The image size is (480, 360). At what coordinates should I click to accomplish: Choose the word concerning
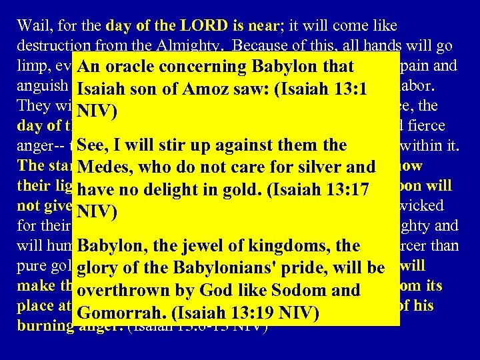(x=204, y=67)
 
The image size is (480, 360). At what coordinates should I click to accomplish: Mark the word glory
(x=98, y=268)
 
